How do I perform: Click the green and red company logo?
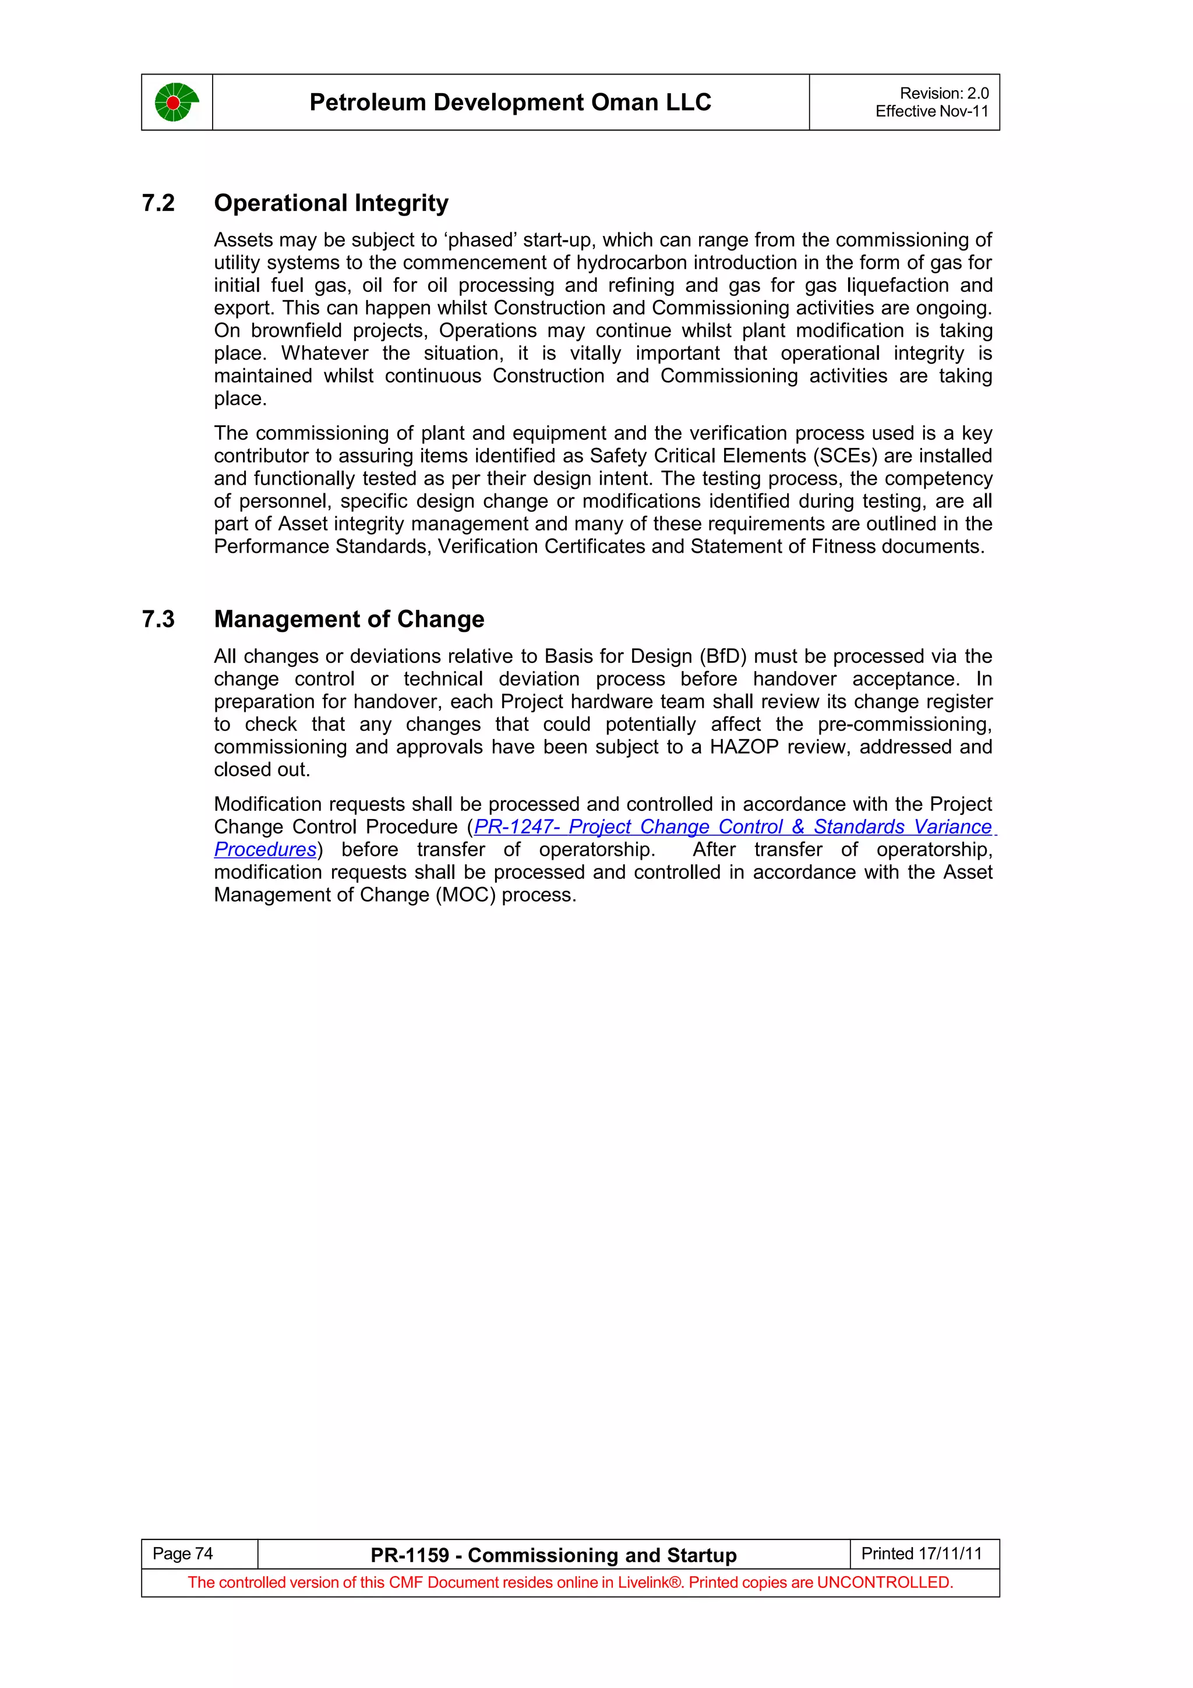177,102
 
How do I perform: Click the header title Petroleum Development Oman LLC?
510,102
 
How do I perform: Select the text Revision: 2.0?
944,93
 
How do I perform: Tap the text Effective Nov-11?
931,112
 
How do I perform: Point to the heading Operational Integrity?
331,203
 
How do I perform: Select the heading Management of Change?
348,619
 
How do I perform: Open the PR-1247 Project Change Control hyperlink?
732,827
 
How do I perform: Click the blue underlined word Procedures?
264,849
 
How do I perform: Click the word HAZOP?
743,747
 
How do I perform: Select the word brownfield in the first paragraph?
297,331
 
